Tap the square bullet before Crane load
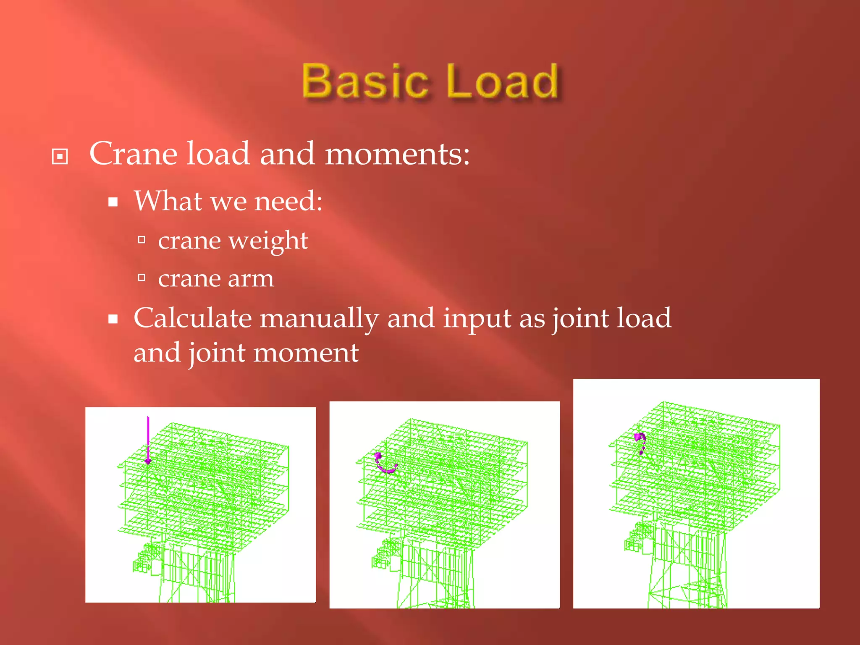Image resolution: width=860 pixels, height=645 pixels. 60,157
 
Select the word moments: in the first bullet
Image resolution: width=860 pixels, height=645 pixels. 397,154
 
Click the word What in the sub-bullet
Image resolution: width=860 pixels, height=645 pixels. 168,201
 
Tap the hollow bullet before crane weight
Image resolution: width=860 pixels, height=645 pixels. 142,240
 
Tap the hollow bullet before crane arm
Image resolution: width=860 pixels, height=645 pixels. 142,278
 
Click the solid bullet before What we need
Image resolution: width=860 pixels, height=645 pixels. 113,202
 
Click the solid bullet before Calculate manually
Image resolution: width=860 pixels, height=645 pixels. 113,319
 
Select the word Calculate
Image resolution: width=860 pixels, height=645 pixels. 192,318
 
